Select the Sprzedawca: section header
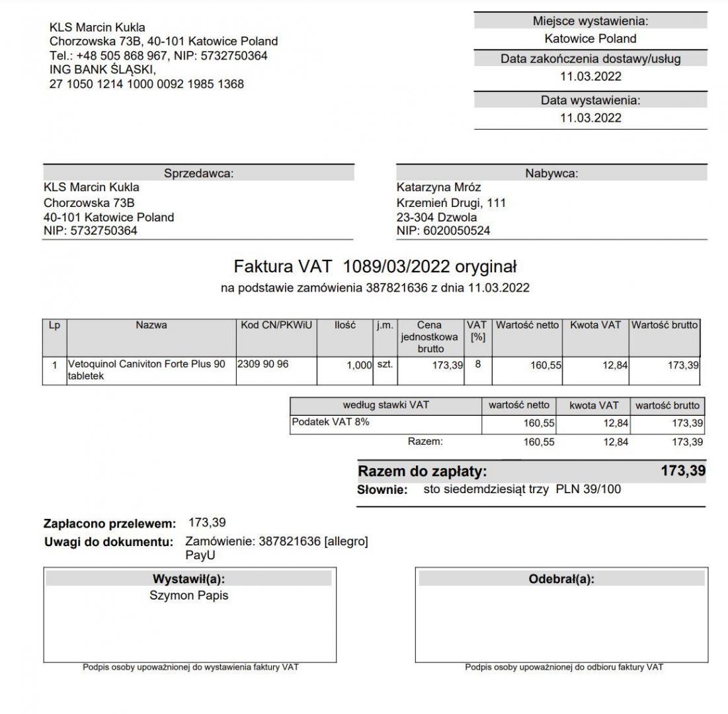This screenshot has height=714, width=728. coord(199,173)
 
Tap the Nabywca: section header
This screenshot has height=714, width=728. coord(551,173)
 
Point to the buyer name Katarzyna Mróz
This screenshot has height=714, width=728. coord(439,188)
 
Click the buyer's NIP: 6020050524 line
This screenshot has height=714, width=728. coord(443,231)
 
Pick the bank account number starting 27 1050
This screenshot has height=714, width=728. coord(146,84)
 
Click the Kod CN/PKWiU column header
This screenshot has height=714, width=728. coord(276,325)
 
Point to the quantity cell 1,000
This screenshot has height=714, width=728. coord(360,365)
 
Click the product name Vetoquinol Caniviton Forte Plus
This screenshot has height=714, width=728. coord(146,364)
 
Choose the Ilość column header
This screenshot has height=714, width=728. coord(344,325)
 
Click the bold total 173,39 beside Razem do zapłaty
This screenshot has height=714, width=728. coord(682,471)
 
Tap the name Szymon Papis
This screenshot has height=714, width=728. coord(189,596)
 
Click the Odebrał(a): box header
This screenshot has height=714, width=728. coord(561,579)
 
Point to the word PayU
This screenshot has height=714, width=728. coord(200,555)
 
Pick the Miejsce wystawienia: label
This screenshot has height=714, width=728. coord(590,21)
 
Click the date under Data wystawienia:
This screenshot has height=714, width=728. coord(590,118)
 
